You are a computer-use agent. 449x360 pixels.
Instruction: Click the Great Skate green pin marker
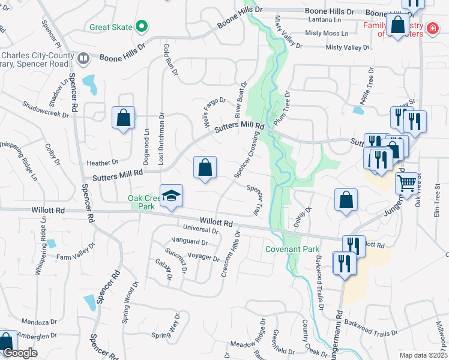point(142,26)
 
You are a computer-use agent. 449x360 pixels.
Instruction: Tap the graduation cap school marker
point(171,196)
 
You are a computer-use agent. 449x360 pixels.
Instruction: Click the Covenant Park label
point(285,248)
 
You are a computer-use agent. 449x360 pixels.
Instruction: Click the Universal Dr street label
point(201,228)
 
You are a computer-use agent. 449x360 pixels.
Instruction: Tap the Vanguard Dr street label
point(188,242)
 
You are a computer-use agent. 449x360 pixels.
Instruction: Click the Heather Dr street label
point(103,163)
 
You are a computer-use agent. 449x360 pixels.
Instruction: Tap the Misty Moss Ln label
point(327,34)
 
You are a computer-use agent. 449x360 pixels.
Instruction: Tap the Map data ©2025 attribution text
point(423,355)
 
